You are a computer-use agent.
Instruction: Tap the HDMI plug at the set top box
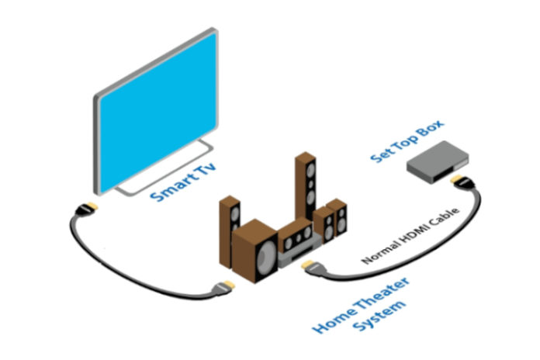(x=459, y=182)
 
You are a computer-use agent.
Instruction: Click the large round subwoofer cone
(x=265, y=255)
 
